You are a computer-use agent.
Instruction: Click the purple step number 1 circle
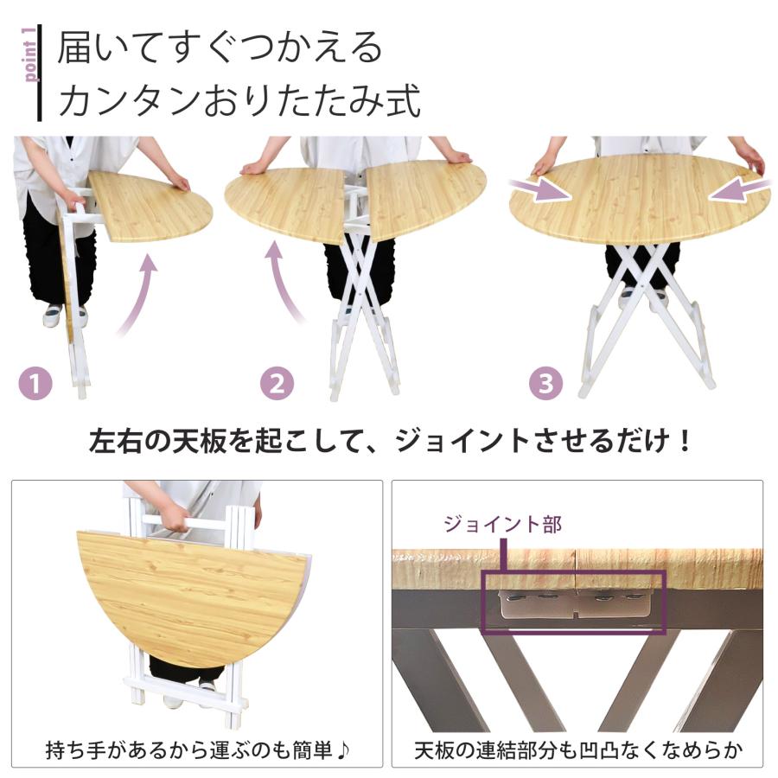(x=35, y=383)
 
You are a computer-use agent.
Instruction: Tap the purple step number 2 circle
(x=276, y=383)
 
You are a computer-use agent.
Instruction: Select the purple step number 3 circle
(x=545, y=383)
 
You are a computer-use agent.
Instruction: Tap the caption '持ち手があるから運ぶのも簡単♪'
(x=197, y=749)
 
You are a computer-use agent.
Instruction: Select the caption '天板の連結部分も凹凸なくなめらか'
(x=577, y=749)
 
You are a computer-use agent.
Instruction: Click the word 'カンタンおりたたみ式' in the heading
(x=239, y=100)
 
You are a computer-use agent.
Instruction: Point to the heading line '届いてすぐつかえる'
(x=220, y=48)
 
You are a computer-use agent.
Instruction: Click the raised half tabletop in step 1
(x=150, y=205)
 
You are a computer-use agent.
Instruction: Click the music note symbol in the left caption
(x=343, y=749)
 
